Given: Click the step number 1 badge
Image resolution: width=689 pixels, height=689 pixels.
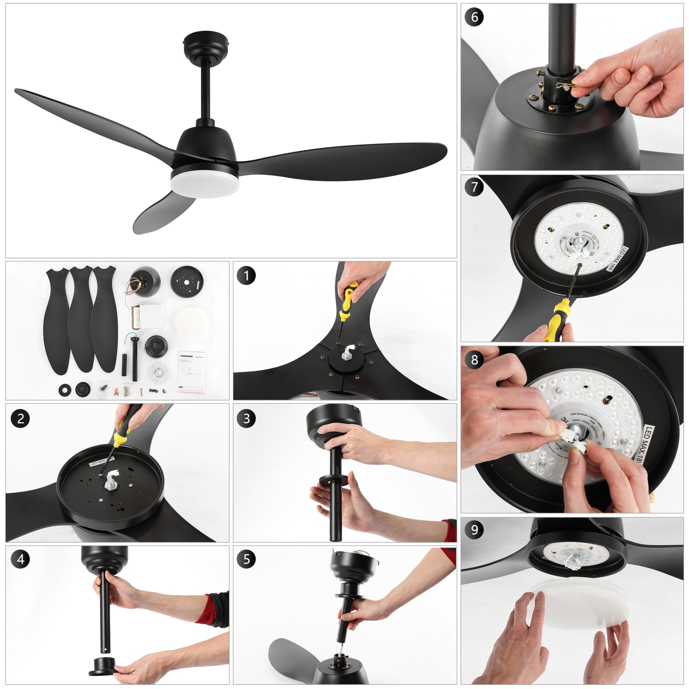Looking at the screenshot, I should coord(246,276).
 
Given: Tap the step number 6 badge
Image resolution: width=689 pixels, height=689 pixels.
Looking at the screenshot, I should coord(474,17).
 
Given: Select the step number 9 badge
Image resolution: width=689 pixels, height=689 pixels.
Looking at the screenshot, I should coord(474,530).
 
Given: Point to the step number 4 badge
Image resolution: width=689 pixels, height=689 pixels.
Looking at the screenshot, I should coord(21,559).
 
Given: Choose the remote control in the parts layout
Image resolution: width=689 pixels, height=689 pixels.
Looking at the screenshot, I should coord(136,317).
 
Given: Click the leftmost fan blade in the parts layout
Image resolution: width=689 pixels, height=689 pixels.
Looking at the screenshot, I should coord(57,322).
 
